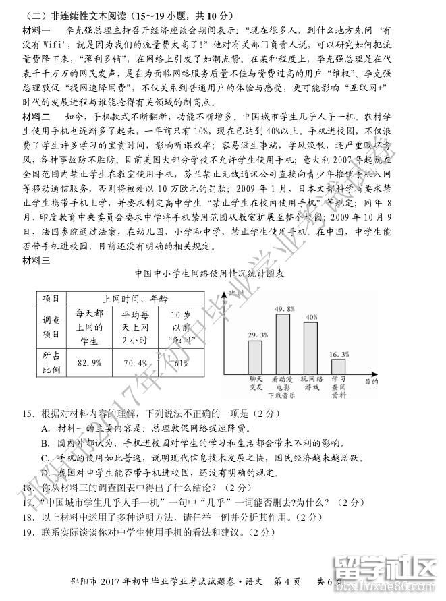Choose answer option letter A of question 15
45,428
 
